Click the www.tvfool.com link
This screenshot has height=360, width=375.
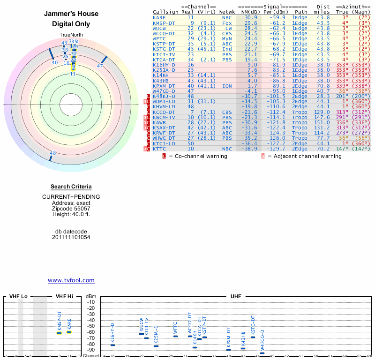pyautogui.click(x=71, y=280)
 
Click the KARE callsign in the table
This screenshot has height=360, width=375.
pyautogui.click(x=159, y=17)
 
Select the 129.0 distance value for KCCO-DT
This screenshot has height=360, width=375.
pyautogui.click(x=322, y=112)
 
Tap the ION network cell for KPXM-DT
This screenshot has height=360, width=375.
pyautogui.click(x=227, y=86)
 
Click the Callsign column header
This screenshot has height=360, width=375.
pyautogui.click(x=165, y=12)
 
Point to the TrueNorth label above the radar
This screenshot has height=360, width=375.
pyautogui.click(x=71, y=35)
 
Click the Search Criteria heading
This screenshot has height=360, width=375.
pyautogui.click(x=71, y=187)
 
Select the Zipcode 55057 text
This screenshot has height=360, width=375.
pyautogui.click(x=71, y=209)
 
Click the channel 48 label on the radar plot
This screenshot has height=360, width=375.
pyautogui.click(x=52, y=153)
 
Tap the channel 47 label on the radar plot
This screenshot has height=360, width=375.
pyautogui.click(x=99, y=66)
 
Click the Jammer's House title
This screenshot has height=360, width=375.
pyautogui.click(x=71, y=14)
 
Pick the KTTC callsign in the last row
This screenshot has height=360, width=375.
pyautogui.click(x=159, y=148)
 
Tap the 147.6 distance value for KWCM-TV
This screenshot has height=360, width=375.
pyautogui.click(x=322, y=117)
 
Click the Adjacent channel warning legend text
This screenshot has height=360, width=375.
pyautogui.click(x=307, y=156)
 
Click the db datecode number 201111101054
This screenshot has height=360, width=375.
pyautogui.click(x=71, y=237)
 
